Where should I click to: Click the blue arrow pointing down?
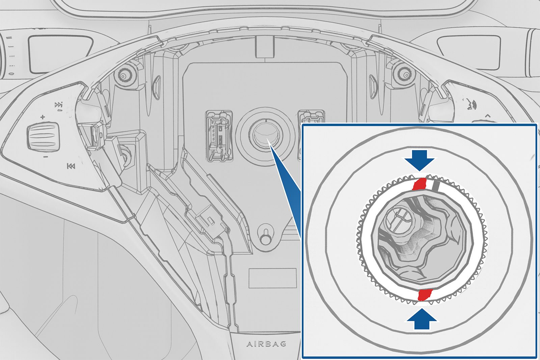tap(420, 160)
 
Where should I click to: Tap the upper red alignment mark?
tap(419, 184)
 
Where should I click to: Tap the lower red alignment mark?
tap(425, 295)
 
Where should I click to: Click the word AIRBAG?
tap(266, 343)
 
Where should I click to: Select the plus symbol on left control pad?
tap(43, 117)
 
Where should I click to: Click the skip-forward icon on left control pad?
tap(59, 105)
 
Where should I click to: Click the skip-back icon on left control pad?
tap(71, 166)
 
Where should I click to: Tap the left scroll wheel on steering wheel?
tap(44, 136)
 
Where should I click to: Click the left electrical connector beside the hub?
tap(219, 136)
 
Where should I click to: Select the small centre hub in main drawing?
tap(265, 136)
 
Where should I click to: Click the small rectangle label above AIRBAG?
tap(272, 278)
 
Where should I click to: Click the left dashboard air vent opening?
tap(60, 54)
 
